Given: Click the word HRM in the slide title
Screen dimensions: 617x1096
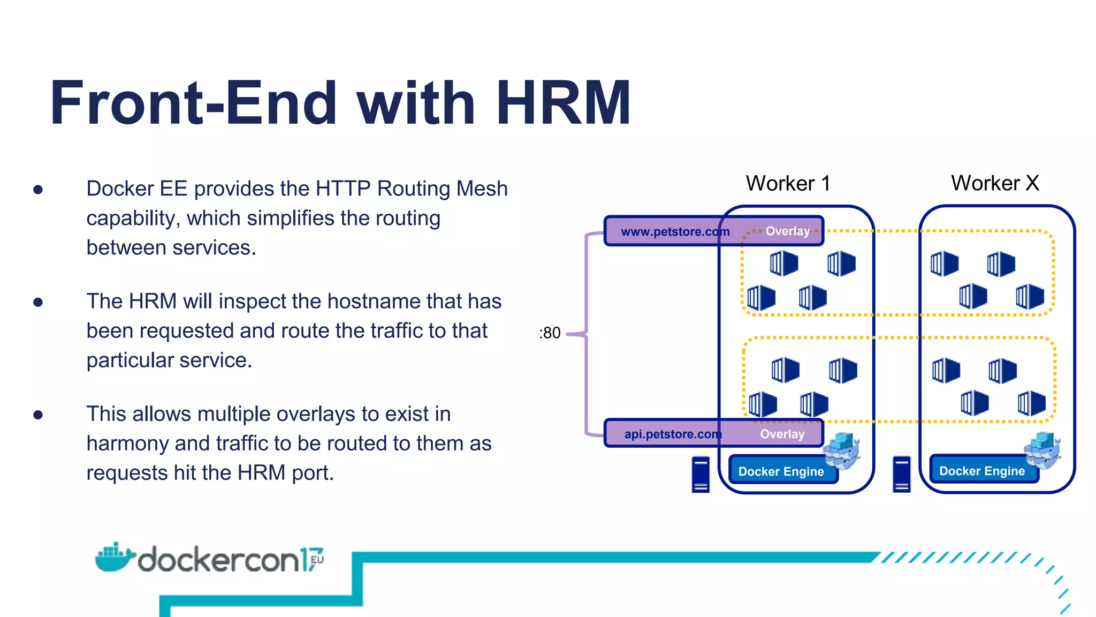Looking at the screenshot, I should (564, 103).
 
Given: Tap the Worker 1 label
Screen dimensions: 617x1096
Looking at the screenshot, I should (788, 184).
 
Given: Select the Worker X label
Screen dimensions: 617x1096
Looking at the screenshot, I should (995, 183).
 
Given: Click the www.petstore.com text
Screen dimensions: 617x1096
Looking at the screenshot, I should (675, 232).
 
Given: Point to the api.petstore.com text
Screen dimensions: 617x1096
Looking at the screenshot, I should (673, 434).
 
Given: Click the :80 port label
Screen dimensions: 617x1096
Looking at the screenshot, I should (550, 333).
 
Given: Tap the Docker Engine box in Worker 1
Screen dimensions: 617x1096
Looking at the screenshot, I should (781, 471).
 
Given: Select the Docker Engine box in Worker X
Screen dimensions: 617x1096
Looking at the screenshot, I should (981, 471).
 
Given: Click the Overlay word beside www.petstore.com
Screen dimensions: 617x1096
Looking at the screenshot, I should (787, 231).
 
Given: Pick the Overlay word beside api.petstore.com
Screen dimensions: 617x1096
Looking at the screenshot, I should (782, 434).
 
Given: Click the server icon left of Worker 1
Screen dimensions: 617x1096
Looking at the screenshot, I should (701, 474).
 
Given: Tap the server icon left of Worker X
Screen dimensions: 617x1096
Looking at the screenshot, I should (902, 474).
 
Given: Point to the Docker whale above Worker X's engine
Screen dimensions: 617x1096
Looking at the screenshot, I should (1042, 450).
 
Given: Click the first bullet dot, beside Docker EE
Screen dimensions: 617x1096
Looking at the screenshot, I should (38, 190).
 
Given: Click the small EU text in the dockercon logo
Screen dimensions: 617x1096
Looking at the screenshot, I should (317, 560).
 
